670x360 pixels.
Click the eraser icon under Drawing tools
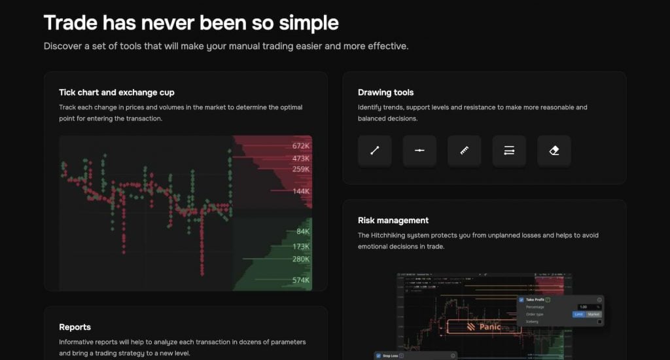click(x=554, y=151)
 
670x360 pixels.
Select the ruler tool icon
click(x=464, y=151)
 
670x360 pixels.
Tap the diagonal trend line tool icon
click(x=374, y=151)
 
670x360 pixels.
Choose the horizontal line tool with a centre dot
click(x=419, y=151)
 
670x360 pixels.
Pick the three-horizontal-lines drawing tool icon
click(x=509, y=151)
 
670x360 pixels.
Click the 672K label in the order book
click(x=301, y=145)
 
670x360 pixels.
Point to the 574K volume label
click(x=301, y=280)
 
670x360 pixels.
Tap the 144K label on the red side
click(x=301, y=191)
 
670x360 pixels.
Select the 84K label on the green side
click(x=302, y=232)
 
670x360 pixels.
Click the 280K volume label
click(x=301, y=259)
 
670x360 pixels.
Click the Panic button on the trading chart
click(x=484, y=327)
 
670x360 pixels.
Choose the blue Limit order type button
click(x=578, y=314)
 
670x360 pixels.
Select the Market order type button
click(x=593, y=314)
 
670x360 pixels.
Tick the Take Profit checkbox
click(x=521, y=300)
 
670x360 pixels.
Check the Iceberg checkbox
click(x=599, y=321)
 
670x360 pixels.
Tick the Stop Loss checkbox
click(x=378, y=356)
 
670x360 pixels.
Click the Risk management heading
click(x=393, y=221)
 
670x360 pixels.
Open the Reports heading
click(x=75, y=327)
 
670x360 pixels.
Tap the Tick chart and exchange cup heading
click(x=116, y=92)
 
